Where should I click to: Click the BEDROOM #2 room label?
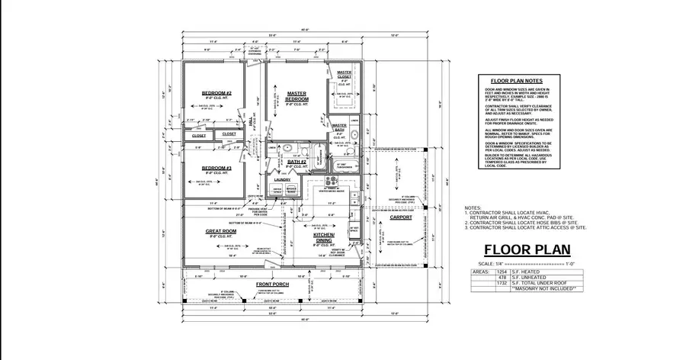pyautogui.click(x=216, y=93)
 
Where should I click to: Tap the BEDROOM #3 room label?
pyautogui.click(x=216, y=168)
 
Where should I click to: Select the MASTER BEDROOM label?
pyautogui.click(x=297, y=96)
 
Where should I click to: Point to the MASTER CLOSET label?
pyautogui.click(x=345, y=74)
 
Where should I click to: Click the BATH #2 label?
pyautogui.click(x=297, y=162)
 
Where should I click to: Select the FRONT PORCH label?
pyautogui.click(x=271, y=284)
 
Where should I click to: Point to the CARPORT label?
pyautogui.click(x=400, y=217)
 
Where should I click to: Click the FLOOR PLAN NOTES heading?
pyautogui.click(x=516, y=80)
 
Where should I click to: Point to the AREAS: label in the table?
pyautogui.click(x=481, y=272)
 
